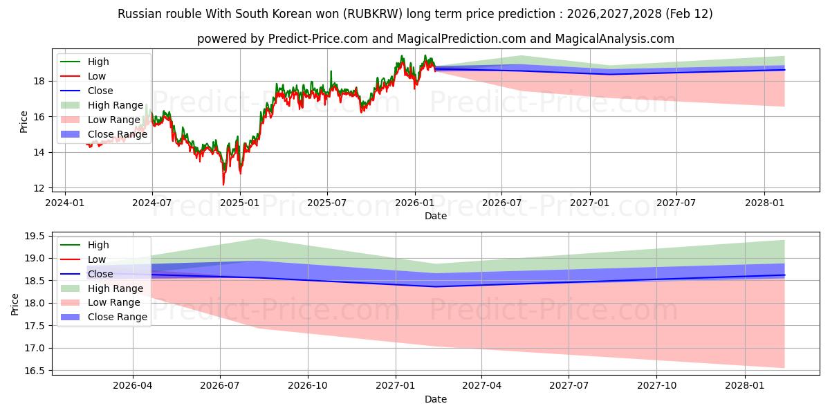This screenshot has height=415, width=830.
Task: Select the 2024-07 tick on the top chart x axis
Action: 152,202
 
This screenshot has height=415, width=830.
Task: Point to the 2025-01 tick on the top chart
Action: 239,202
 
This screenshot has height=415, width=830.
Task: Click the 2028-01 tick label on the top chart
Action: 764,202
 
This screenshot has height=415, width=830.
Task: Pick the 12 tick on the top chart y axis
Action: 40,188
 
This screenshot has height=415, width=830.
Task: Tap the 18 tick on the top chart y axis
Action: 40,81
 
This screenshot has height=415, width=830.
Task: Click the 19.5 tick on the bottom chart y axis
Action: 35,237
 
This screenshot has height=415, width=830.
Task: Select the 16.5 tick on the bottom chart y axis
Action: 35,371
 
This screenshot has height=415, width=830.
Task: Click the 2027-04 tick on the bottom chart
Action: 481,385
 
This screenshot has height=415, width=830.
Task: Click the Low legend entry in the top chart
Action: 97,76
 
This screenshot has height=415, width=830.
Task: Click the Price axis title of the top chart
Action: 24,122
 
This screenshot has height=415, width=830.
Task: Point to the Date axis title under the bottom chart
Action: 436,399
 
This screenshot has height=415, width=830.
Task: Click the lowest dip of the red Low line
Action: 223,184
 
